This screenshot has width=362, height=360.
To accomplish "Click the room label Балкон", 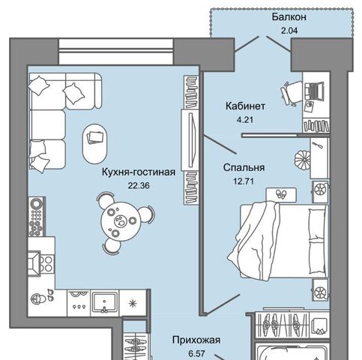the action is pos(289,17).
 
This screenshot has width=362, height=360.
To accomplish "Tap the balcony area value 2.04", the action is pos(289,31).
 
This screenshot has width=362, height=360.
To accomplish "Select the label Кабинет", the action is pos(245,106).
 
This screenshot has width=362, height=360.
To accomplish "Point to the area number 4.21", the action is pos(245,120).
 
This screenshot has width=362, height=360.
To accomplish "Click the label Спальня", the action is pos(244,167).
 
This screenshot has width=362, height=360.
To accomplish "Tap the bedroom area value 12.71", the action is pos(244,181).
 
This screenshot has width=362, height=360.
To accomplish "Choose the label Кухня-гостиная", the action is pos(139,172).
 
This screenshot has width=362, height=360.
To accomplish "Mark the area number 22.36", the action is pos(139,186).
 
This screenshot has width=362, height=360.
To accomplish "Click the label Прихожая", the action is pos(196,340).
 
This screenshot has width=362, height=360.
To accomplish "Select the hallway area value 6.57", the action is pos(196,354).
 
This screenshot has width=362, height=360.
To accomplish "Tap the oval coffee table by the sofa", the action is pos(95,144).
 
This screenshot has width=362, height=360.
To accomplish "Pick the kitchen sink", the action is pos(104,303).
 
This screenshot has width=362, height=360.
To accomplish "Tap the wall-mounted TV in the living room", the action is pos(190,140).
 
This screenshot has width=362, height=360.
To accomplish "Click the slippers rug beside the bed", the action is pos(281,194).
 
